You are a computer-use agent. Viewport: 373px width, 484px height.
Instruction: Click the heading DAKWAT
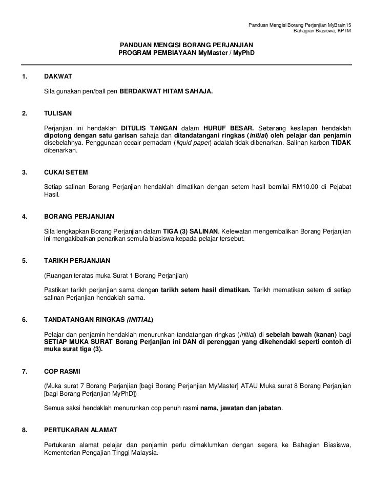[58, 76]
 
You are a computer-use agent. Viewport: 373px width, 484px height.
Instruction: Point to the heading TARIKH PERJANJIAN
[77, 260]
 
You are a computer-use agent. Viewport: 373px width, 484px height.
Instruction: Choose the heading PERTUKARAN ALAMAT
[80, 430]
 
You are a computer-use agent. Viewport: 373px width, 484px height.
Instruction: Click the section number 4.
[24, 216]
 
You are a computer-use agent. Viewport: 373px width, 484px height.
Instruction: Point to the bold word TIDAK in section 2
[341, 143]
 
